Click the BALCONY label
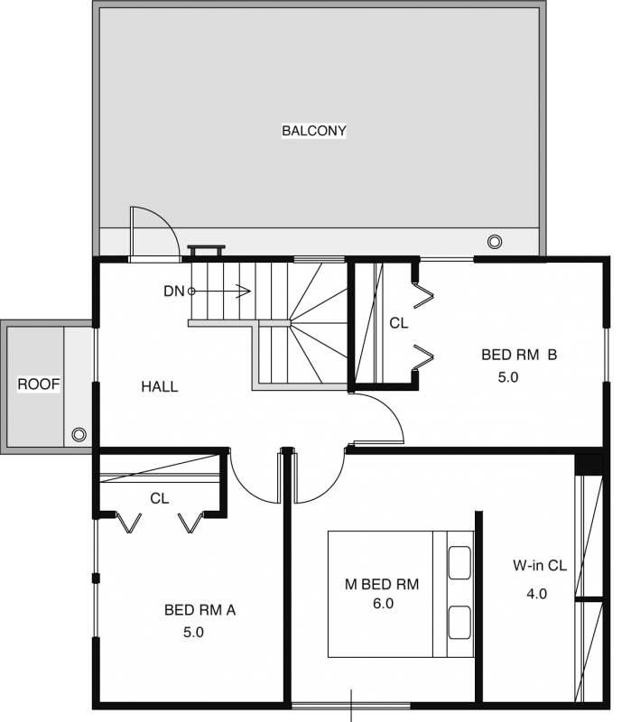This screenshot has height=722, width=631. point(313,131)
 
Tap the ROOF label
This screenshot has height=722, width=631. point(39,384)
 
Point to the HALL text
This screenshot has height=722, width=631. point(160,386)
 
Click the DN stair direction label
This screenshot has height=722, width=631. point(173,291)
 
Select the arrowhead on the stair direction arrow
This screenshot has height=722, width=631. point(244,291)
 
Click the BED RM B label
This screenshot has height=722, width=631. point(519,355)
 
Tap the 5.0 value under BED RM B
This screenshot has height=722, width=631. point(508,377)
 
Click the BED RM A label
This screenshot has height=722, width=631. point(200,610)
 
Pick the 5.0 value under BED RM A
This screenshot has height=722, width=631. point(193,633)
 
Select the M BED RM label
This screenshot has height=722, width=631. point(382,584)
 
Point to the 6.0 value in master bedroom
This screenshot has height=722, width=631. point(384,603)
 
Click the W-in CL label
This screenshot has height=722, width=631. point(540,566)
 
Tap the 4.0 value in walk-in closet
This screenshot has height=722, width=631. point(536,594)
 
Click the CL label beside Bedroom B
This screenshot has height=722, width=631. point(399,323)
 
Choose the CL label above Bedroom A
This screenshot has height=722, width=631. point(160,498)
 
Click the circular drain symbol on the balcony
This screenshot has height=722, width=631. point(495,241)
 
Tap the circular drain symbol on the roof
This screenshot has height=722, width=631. point(79,434)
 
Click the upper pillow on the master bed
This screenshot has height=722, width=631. point(459,562)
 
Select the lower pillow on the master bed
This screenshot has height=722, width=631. point(459,623)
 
